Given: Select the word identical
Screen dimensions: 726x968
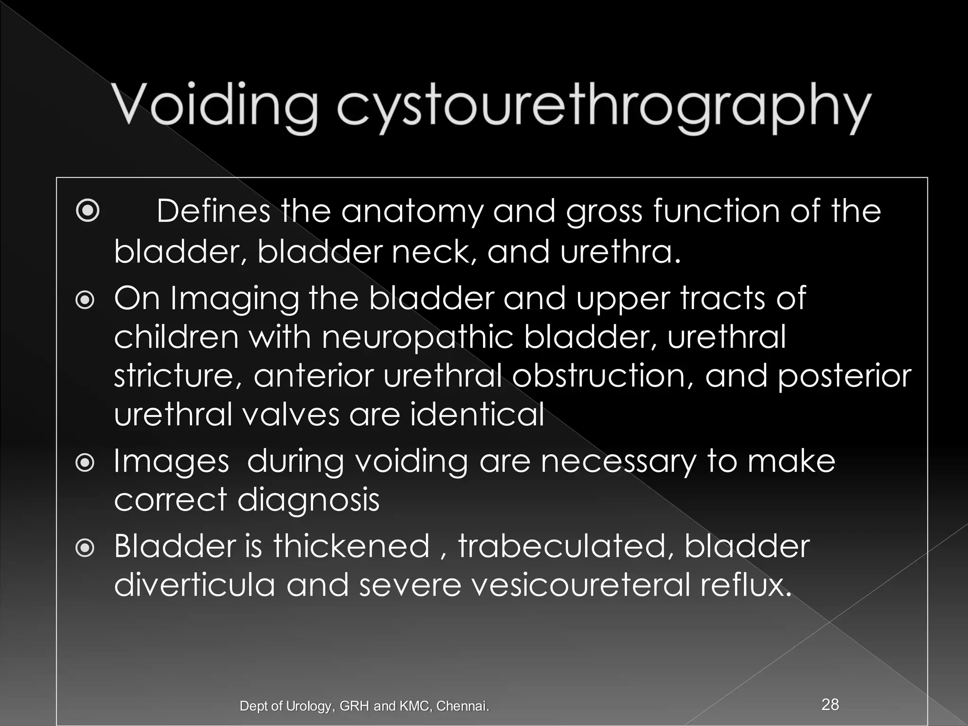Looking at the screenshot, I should tap(477, 415).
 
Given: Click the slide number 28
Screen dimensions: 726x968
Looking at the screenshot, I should tap(830, 704).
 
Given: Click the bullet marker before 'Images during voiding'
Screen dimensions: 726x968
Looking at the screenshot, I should tap(86, 464).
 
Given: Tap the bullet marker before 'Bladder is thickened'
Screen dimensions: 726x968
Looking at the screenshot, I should tap(86, 548).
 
